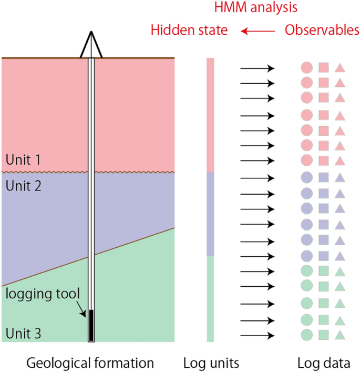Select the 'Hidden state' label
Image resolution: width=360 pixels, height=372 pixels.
tap(189, 31)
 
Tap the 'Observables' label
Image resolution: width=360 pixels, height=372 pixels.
tap(322, 31)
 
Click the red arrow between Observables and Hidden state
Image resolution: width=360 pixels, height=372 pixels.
tap(258, 32)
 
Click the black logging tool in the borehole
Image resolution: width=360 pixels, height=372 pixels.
tap(91, 325)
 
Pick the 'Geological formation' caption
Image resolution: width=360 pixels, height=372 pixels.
tap(90, 363)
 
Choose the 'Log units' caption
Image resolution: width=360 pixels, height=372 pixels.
tap(211, 363)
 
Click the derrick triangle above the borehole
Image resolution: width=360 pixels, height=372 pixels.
tap(91, 44)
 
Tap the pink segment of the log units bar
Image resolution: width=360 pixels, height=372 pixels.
tap(210, 115)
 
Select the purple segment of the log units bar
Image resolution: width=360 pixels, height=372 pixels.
tap(210, 214)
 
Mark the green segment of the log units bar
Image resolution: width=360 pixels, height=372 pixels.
tap(210, 298)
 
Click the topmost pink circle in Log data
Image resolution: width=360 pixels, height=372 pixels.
tap(307, 67)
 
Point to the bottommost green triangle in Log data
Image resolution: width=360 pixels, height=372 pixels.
tap(340, 335)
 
